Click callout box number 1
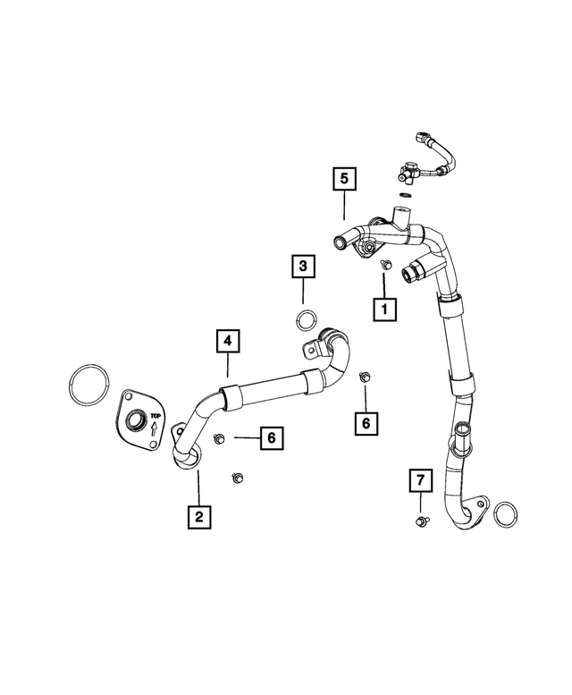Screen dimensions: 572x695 click(x=384, y=309)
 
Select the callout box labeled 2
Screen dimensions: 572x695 click(x=198, y=516)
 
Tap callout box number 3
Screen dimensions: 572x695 click(x=303, y=267)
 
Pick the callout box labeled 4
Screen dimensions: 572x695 click(x=228, y=341)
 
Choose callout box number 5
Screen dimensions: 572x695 click(x=344, y=179)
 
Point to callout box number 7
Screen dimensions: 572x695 click(x=420, y=479)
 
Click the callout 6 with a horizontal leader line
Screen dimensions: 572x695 click(x=272, y=438)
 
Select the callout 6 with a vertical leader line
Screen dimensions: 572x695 click(x=366, y=423)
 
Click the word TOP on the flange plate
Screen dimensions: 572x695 click(x=156, y=416)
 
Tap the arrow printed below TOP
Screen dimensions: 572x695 click(x=155, y=428)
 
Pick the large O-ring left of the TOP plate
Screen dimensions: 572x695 click(x=89, y=385)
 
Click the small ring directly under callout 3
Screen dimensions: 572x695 click(x=306, y=321)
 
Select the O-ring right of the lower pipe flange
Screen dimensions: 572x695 click(x=506, y=515)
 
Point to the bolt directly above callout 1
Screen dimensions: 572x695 click(x=386, y=265)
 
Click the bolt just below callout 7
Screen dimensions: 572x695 click(x=421, y=521)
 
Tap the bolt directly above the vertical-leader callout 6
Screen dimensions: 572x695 click(x=365, y=377)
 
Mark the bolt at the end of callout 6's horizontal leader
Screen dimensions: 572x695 click(x=219, y=439)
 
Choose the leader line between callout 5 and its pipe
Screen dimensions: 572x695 click(x=344, y=205)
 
